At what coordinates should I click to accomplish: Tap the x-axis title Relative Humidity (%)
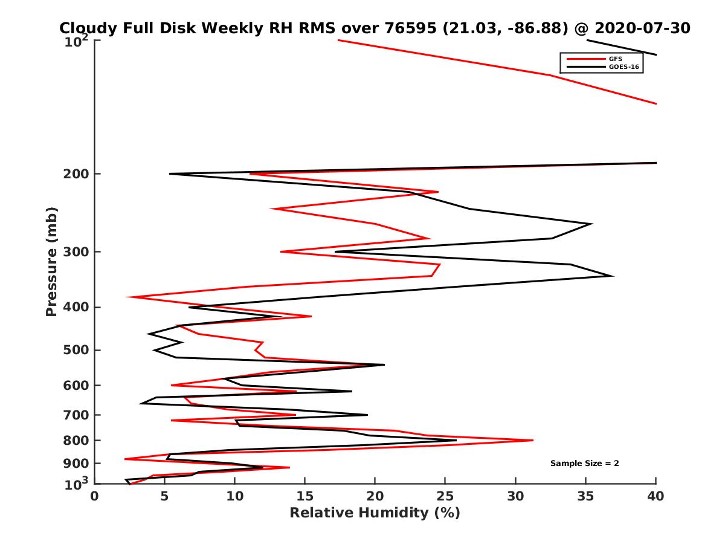[x=375, y=513]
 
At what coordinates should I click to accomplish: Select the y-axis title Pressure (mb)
[x=51, y=261]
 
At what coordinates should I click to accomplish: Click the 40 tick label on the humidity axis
[x=656, y=496]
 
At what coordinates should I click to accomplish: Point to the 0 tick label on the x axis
[x=94, y=496]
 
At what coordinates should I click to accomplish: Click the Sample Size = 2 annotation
[x=584, y=464]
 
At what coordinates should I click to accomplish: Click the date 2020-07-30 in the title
[x=642, y=28]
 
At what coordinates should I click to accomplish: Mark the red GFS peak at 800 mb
[x=532, y=440]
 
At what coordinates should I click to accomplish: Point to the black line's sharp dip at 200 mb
[x=170, y=174]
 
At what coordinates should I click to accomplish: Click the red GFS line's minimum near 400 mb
[x=127, y=297]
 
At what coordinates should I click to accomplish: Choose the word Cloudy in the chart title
[x=86, y=28]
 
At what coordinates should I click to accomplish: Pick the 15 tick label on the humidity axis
[x=304, y=496]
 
